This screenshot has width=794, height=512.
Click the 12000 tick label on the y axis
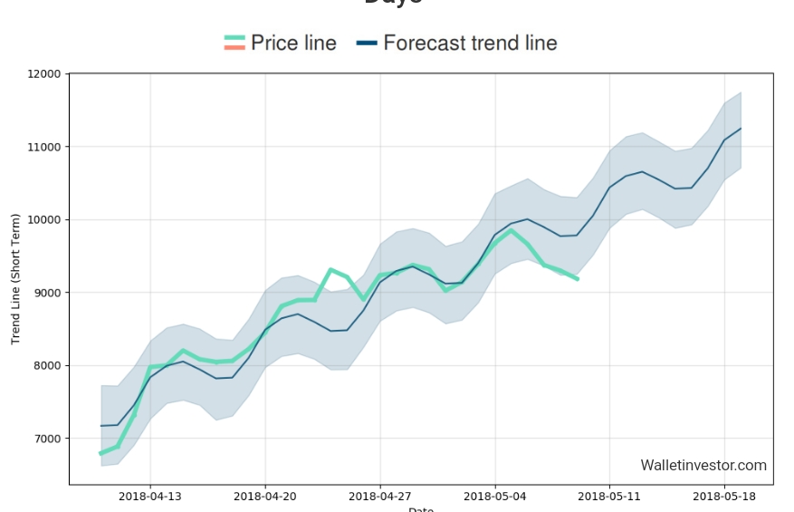45,73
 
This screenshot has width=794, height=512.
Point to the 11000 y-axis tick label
45,147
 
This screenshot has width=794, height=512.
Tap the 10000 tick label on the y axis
45,219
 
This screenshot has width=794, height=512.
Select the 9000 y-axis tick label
48,293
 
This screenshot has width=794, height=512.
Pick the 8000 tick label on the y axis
48,365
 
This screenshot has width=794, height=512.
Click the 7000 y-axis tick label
48,439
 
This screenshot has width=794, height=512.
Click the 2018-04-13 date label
150,496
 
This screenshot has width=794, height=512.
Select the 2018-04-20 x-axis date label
265,496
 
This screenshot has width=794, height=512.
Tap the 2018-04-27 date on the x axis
380,496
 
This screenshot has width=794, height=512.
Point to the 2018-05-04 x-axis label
495,496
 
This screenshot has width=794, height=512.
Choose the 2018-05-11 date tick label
610,496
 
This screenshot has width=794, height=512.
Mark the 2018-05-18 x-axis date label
725,496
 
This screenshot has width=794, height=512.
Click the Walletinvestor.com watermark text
703,465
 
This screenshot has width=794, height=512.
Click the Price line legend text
293,43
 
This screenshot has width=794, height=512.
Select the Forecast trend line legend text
470,43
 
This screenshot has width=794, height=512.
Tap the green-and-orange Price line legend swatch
234,43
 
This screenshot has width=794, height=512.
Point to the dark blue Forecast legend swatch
367,43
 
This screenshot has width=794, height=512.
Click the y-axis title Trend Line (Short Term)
15,279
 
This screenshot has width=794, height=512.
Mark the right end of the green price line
578,279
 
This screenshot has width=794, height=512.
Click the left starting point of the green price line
100,453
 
